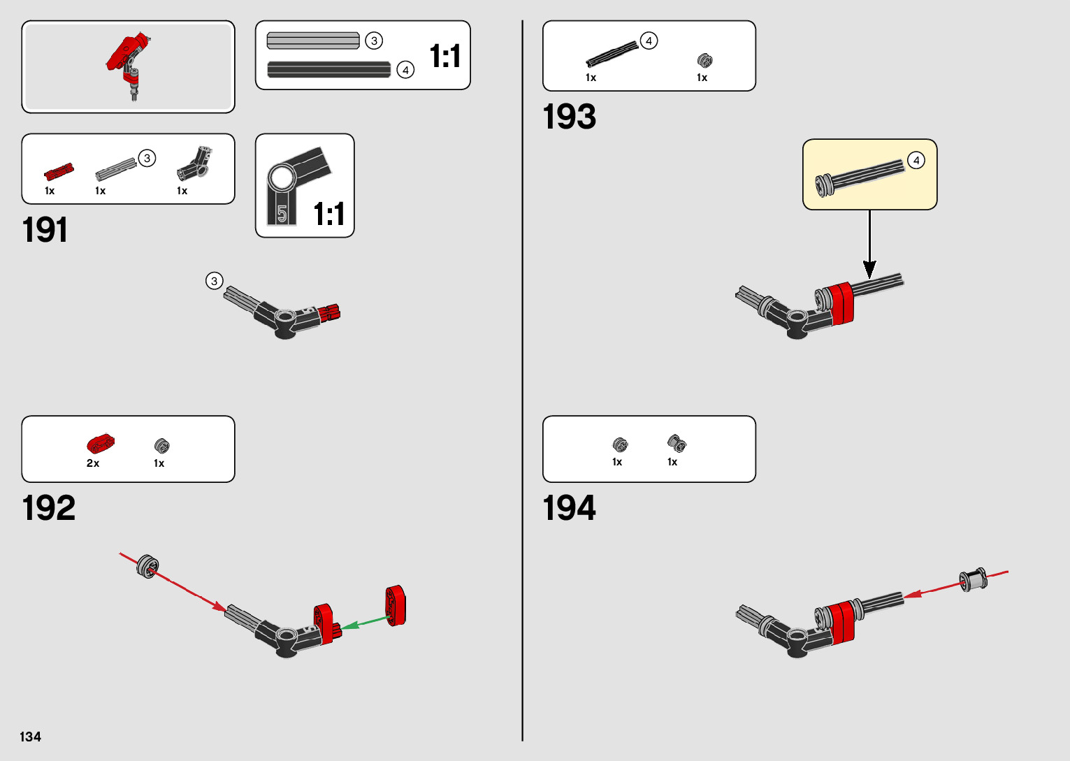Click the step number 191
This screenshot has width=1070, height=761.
pos(45,230)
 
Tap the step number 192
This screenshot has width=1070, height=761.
pos(48,508)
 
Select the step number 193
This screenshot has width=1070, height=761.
pos(569,117)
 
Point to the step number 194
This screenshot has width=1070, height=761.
pos(569,508)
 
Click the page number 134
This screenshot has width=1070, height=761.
pos(31,737)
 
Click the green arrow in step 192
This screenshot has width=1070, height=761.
pos(365,622)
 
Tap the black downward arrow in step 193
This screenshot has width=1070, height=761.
pos(869,245)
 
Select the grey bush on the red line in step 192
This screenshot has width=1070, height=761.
pos(148,565)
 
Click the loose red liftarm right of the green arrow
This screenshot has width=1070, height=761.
pos(396,605)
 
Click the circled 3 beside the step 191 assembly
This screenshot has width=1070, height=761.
pos(215,281)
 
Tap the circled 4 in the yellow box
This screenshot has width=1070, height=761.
pos(916,160)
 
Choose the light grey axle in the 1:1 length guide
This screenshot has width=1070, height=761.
pos(313,41)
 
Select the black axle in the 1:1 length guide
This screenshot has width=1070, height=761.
pos(329,70)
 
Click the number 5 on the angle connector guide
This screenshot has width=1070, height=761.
pos(282,213)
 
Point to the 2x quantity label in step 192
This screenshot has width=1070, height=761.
pos(93,463)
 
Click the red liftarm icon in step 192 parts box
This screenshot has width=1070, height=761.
pos(101,444)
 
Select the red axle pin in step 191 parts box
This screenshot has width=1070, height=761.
pos(59,172)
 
